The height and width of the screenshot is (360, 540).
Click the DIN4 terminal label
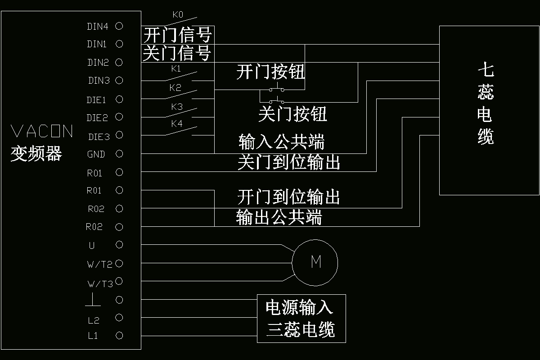pos(97,27)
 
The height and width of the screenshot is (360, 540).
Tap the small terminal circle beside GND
pos(119,154)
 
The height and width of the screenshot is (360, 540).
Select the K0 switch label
pos(178,15)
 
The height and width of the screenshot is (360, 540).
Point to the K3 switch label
pos(177,107)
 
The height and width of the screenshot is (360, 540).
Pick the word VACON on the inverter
pos(41,131)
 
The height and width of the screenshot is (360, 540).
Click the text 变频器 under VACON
pos(36,154)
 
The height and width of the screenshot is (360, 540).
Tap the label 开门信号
pos(177,35)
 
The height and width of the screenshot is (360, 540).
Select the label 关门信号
pos(177,54)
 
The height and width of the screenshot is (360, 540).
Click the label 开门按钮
pos(270,72)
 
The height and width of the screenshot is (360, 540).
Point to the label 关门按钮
pos(292,114)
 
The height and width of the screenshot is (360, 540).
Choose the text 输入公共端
pos(281,142)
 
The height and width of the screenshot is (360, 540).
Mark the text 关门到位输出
pos(288,162)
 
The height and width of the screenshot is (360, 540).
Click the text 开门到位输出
pos(288,197)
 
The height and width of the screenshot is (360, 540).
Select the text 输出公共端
pos(279,217)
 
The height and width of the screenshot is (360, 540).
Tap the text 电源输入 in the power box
pos(299,307)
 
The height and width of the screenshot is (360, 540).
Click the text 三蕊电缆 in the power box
pos(301,330)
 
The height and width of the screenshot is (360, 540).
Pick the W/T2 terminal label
pos(99,265)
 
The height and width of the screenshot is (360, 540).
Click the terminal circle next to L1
pos(119,336)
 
